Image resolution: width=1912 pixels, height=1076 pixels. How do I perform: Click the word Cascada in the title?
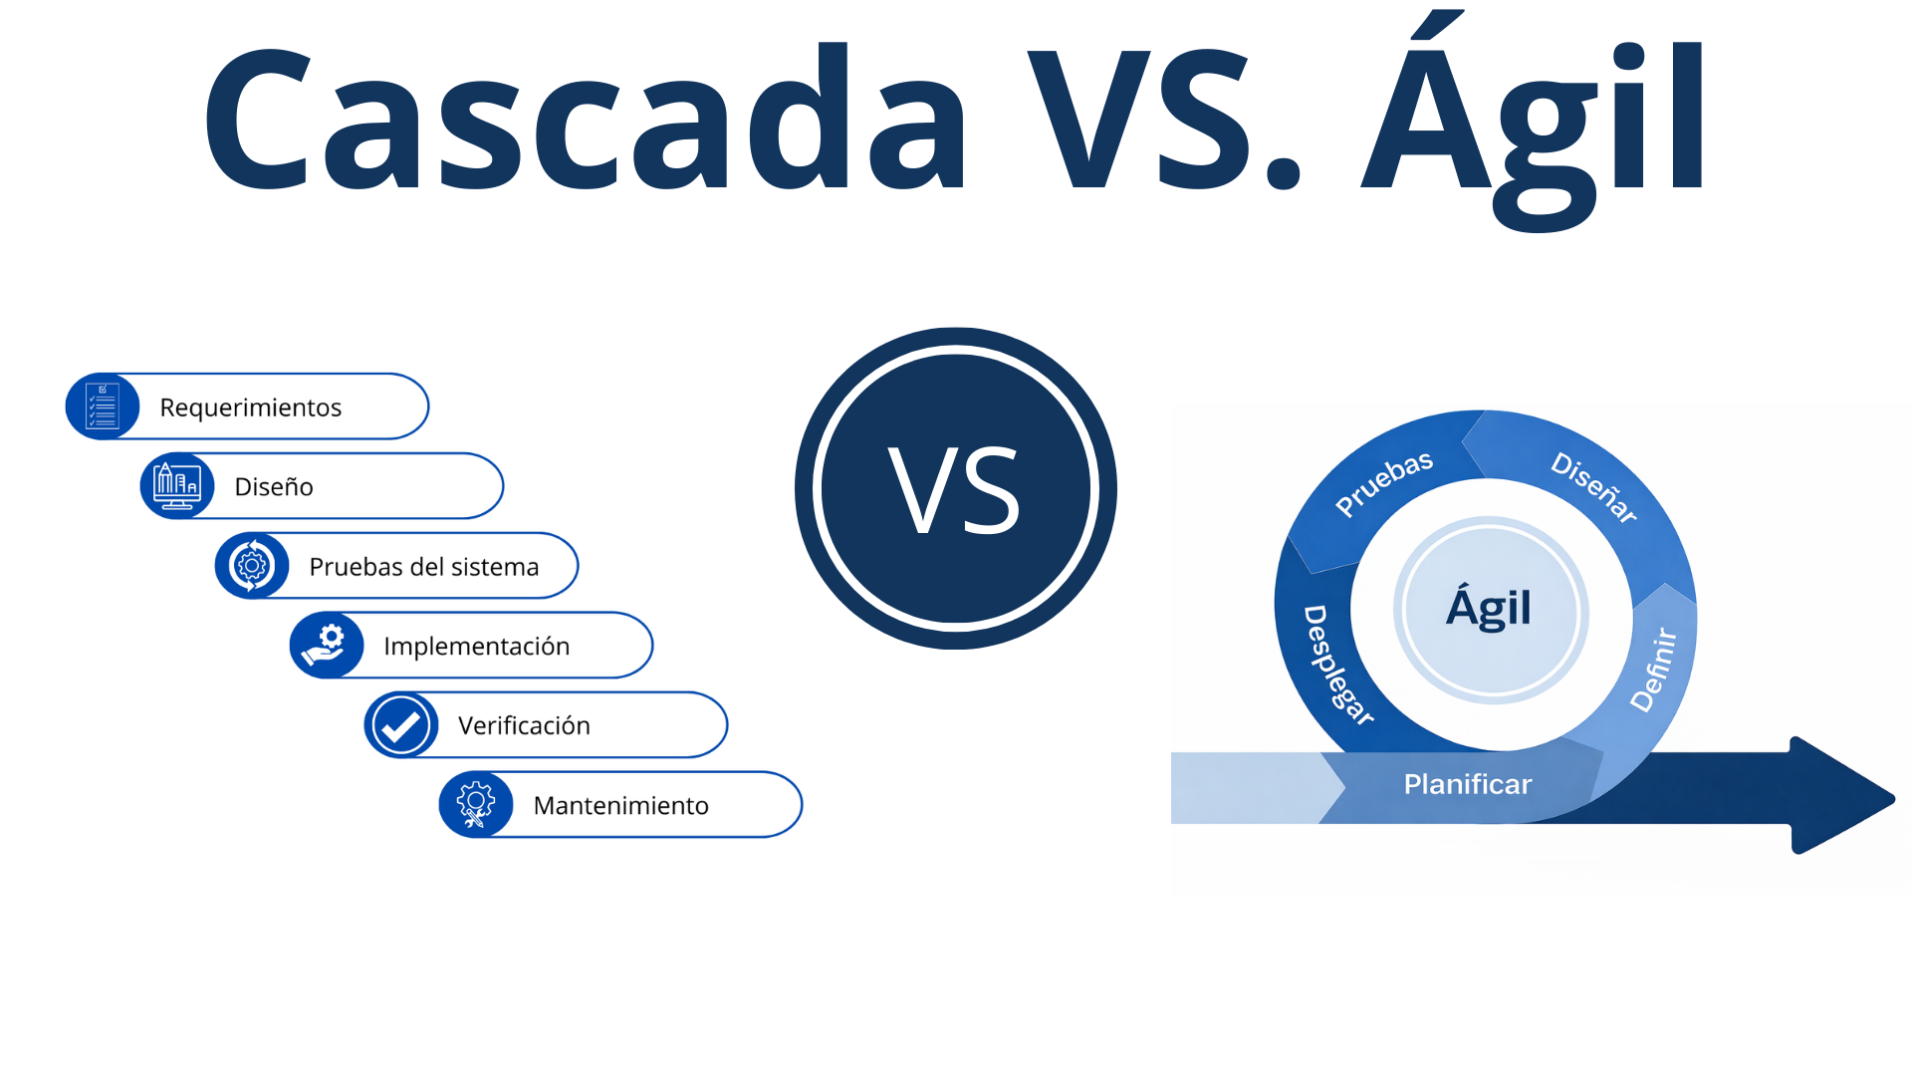click(x=585, y=117)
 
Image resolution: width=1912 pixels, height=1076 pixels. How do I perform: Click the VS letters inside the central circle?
click(x=955, y=489)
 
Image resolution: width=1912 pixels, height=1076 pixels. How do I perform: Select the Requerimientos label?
click(x=250, y=407)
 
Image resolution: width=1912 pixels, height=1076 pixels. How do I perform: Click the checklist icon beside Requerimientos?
click(x=103, y=406)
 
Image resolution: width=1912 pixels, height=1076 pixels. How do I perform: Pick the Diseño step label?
click(x=274, y=486)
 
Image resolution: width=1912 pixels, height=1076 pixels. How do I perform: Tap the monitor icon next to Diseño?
click(x=177, y=486)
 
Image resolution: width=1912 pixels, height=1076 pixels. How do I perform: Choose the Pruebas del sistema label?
click(x=424, y=567)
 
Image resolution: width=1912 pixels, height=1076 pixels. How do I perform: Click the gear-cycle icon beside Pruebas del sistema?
click(x=252, y=566)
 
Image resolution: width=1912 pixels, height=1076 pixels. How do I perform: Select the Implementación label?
click(x=477, y=647)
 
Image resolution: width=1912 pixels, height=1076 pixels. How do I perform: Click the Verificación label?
click(x=524, y=725)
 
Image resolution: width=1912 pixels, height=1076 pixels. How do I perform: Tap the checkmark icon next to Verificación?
click(x=401, y=725)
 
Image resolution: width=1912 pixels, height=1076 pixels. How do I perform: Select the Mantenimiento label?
click(x=621, y=805)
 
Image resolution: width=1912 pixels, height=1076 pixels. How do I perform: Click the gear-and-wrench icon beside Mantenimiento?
click(x=476, y=805)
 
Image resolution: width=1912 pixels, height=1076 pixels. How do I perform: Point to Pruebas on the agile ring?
click(x=1384, y=483)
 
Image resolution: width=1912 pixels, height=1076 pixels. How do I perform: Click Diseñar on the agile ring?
click(x=1594, y=487)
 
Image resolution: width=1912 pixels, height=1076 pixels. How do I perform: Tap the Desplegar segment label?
click(x=1337, y=666)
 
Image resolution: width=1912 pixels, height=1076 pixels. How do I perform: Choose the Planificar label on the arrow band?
click(x=1468, y=785)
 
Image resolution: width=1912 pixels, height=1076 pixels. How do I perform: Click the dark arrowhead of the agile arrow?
click(x=1840, y=795)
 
